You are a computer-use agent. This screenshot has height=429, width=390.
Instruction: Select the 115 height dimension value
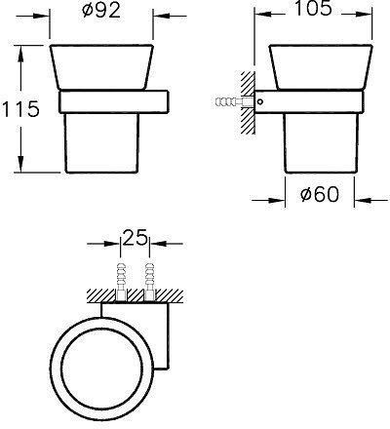(21, 109)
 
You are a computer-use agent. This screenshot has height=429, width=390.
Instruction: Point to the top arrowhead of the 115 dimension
(20, 48)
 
